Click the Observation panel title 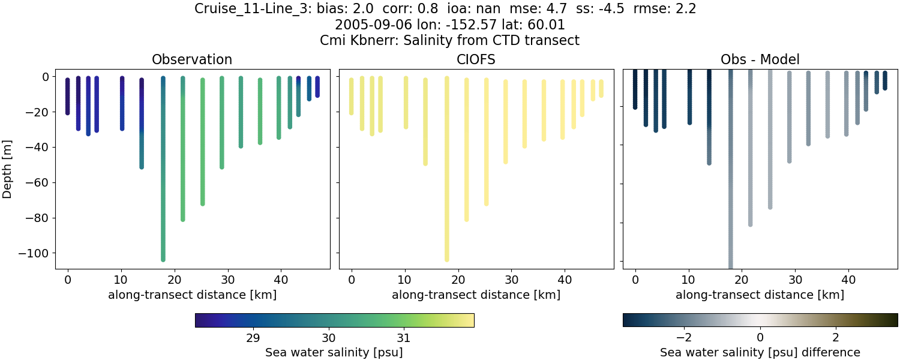click(x=192, y=59)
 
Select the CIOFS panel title click(x=476, y=59)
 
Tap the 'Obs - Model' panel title click(x=760, y=59)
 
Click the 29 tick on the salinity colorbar click(x=253, y=336)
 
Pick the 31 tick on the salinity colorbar click(x=403, y=336)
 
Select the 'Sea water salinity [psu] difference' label click(x=760, y=352)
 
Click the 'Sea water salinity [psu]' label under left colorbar click(x=334, y=352)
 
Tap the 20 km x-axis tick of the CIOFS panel click(x=458, y=279)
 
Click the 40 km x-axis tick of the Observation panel click(x=281, y=279)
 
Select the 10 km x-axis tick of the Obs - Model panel click(x=689, y=279)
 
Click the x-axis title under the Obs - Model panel click(x=760, y=295)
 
